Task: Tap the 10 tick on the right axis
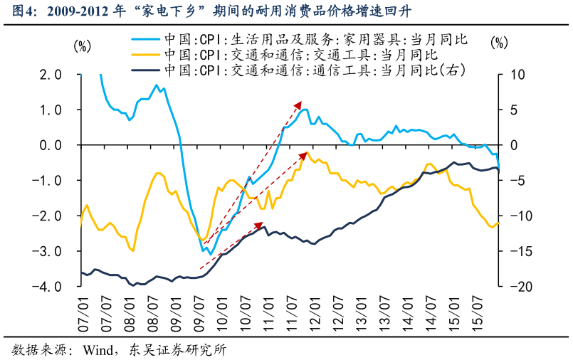tap(517, 75)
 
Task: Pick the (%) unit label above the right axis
tap(500, 43)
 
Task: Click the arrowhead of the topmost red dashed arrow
tap(300, 103)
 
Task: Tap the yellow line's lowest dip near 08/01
tap(133, 250)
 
